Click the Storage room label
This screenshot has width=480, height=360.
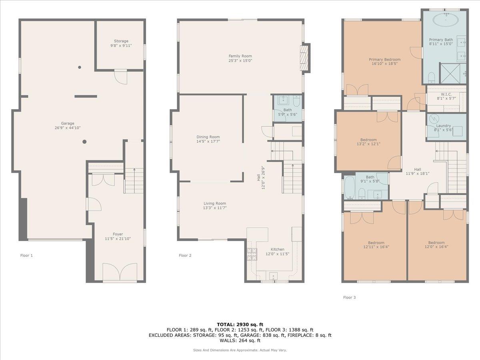pyautogui.click(x=121, y=41)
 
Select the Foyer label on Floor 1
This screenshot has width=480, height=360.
pyautogui.click(x=118, y=234)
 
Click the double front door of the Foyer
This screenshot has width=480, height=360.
pyautogui.click(x=120, y=272)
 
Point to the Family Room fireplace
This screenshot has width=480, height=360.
pyautogui.click(x=304, y=58)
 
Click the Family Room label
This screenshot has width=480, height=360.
pyautogui.click(x=240, y=56)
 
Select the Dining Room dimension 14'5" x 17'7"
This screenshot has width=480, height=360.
pyautogui.click(x=208, y=141)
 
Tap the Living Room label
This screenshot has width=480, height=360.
pyautogui.click(x=215, y=203)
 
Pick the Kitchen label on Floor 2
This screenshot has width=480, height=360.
pyautogui.click(x=278, y=249)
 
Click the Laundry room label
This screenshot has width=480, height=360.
pyautogui.click(x=443, y=126)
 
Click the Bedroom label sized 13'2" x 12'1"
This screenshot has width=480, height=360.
pyautogui.click(x=368, y=140)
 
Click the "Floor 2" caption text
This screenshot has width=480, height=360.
pyautogui.click(x=185, y=255)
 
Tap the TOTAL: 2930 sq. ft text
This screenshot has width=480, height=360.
pyautogui.click(x=240, y=324)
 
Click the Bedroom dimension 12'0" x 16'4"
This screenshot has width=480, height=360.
pyautogui.click(x=436, y=247)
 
